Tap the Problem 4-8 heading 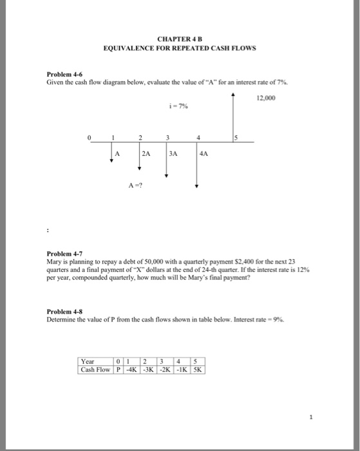pos(62,311)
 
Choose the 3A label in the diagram pos(175,154)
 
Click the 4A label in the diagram pos(204,154)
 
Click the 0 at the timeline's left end pos(91,136)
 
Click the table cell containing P pos(118,370)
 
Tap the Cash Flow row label pos(95,370)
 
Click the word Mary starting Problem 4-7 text pos(54,264)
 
